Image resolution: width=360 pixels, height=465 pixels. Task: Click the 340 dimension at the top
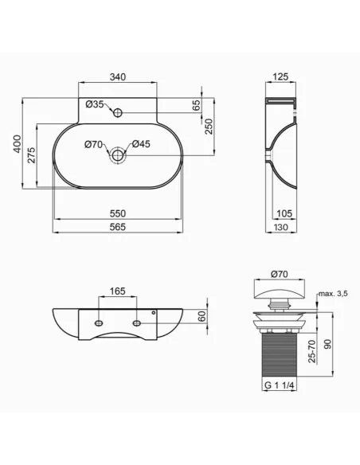tap(119, 77)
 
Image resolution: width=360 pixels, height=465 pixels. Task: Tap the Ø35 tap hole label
tap(94, 104)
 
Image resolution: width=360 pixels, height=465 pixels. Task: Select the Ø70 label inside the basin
tap(94, 144)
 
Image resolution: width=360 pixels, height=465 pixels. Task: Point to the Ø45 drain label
tap(141, 144)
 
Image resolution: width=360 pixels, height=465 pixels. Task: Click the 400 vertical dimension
tap(16, 144)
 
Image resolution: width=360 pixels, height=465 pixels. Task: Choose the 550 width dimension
tap(119, 214)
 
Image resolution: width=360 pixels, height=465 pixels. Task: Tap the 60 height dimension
tap(202, 316)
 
